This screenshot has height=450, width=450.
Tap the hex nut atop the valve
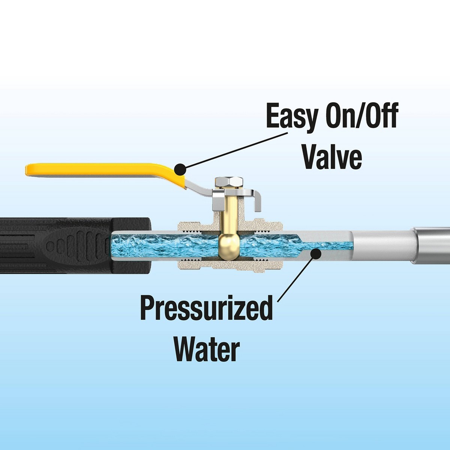tap(230, 182)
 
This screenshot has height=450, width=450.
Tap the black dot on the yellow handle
tap(180, 169)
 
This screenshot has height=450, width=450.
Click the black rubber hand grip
tap(75, 246)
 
